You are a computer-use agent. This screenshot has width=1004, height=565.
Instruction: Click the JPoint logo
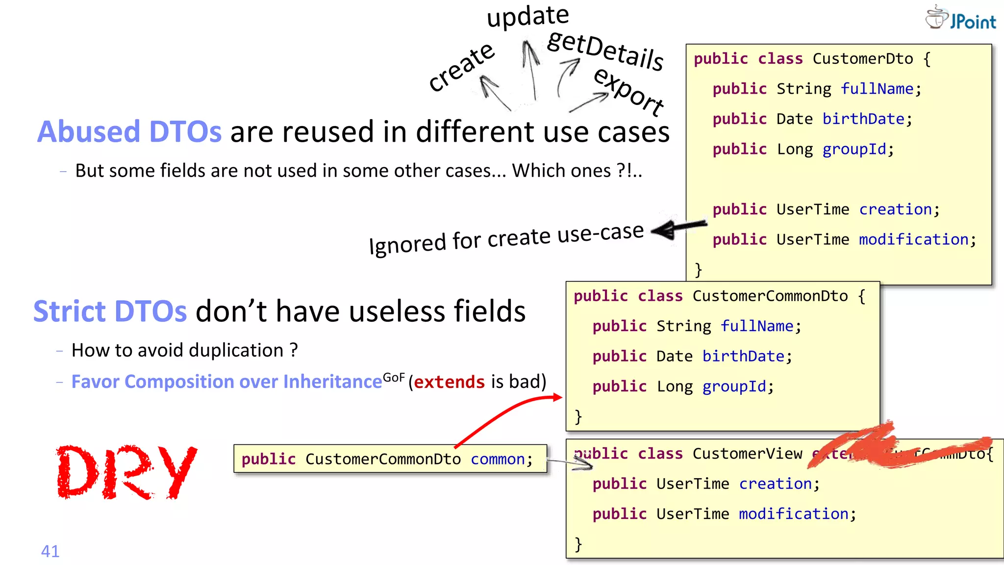point(960,19)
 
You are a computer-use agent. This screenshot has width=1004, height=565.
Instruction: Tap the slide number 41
point(50,551)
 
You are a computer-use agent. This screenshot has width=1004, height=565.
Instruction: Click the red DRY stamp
point(126,472)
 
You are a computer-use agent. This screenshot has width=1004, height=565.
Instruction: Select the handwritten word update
point(528,16)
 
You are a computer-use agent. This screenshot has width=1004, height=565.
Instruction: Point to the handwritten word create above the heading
point(461,67)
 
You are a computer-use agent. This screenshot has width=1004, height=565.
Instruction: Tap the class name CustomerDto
point(862,59)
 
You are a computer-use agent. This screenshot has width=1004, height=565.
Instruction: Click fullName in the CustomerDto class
point(877,89)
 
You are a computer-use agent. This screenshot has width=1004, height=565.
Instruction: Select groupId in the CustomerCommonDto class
point(734,386)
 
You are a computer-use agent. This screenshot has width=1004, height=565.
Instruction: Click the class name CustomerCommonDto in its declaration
point(770,296)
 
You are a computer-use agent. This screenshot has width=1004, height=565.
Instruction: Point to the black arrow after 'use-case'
point(678,228)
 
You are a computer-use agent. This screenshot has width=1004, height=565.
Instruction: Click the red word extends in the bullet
point(449,382)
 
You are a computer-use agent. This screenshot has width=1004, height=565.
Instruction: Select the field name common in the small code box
point(498,459)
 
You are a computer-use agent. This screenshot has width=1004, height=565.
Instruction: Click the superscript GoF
point(394,377)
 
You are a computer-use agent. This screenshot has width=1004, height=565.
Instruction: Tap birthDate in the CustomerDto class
point(863,119)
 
